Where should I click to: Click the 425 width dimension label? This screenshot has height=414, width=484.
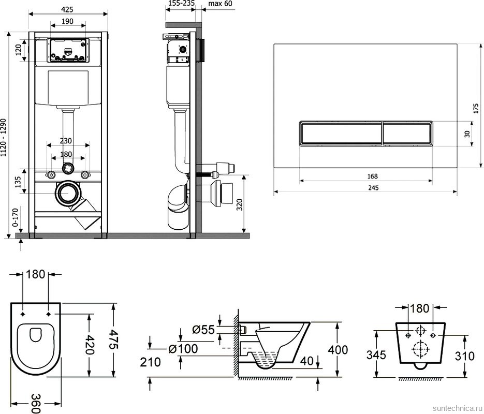[x=67, y=9]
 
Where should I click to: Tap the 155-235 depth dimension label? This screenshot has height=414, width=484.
[x=182, y=4]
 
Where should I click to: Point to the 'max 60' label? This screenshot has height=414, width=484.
[x=220, y=4]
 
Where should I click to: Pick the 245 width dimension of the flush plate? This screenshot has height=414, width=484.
[x=373, y=187]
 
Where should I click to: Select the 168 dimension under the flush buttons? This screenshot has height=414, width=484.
[x=373, y=176]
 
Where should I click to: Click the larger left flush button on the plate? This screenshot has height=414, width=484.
[x=341, y=133]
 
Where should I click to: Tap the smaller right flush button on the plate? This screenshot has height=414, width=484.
[x=407, y=133]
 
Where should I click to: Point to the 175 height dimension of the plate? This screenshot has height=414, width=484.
[x=475, y=108]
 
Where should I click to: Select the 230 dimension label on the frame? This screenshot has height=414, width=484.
[x=66, y=141]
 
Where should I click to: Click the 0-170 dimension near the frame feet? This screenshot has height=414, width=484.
[x=16, y=217]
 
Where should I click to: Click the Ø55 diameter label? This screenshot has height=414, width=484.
[x=203, y=330]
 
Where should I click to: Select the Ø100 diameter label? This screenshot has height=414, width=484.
[x=183, y=349]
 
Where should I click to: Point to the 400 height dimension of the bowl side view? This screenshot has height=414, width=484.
[x=338, y=350]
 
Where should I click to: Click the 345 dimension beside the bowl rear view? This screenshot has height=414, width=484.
[x=376, y=355]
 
